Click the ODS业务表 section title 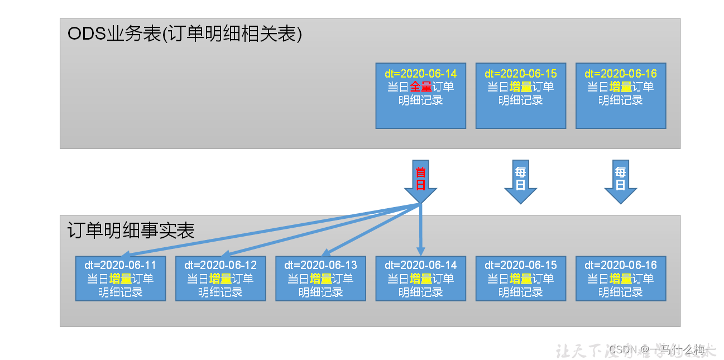184,34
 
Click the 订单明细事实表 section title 131,231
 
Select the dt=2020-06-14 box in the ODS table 420,95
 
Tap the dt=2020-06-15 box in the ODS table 520,95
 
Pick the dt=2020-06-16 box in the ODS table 620,95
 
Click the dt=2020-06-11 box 120,279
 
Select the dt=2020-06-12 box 220,279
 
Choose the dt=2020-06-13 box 320,279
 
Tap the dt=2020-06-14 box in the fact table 420,279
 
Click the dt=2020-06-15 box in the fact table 520,279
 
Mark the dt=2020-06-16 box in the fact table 620,279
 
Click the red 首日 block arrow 420,180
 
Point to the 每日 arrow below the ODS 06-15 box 520,180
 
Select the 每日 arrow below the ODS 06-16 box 620,180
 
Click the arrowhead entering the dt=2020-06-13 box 327,253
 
